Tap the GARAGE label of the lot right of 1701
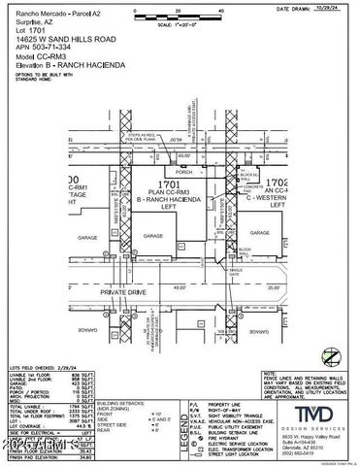coord(258,233)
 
